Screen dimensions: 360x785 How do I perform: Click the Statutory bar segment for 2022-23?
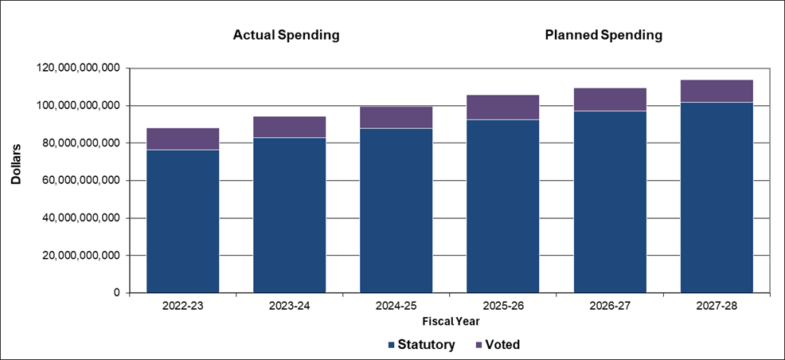[183, 221]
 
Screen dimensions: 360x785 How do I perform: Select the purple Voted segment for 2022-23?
[183, 139]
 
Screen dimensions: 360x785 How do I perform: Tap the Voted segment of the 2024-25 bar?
[396, 117]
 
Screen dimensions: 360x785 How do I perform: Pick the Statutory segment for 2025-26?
[502, 206]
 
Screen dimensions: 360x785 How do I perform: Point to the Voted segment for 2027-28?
[717, 91]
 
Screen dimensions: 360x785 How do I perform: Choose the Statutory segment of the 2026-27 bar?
[610, 202]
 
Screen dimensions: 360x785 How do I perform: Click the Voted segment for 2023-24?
[289, 127]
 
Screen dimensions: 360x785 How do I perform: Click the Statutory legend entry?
[421, 345]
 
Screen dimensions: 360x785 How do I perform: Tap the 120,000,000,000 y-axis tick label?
[78, 68]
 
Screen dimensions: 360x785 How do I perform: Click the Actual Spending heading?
[286, 36]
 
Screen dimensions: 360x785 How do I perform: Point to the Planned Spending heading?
[603, 36]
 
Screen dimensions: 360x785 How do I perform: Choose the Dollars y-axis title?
[17, 165]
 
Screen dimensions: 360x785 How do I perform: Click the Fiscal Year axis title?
[450, 320]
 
